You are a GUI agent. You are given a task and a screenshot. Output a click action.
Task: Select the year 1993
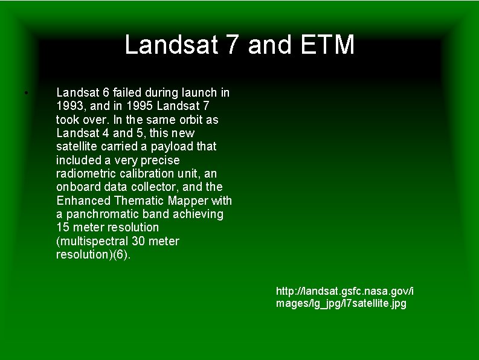(x=69, y=106)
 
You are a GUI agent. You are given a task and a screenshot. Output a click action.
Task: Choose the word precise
(x=160, y=160)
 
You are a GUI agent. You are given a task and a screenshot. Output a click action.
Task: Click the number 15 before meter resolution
(x=63, y=228)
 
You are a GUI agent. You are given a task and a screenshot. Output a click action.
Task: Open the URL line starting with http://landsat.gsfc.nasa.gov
(x=345, y=291)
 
